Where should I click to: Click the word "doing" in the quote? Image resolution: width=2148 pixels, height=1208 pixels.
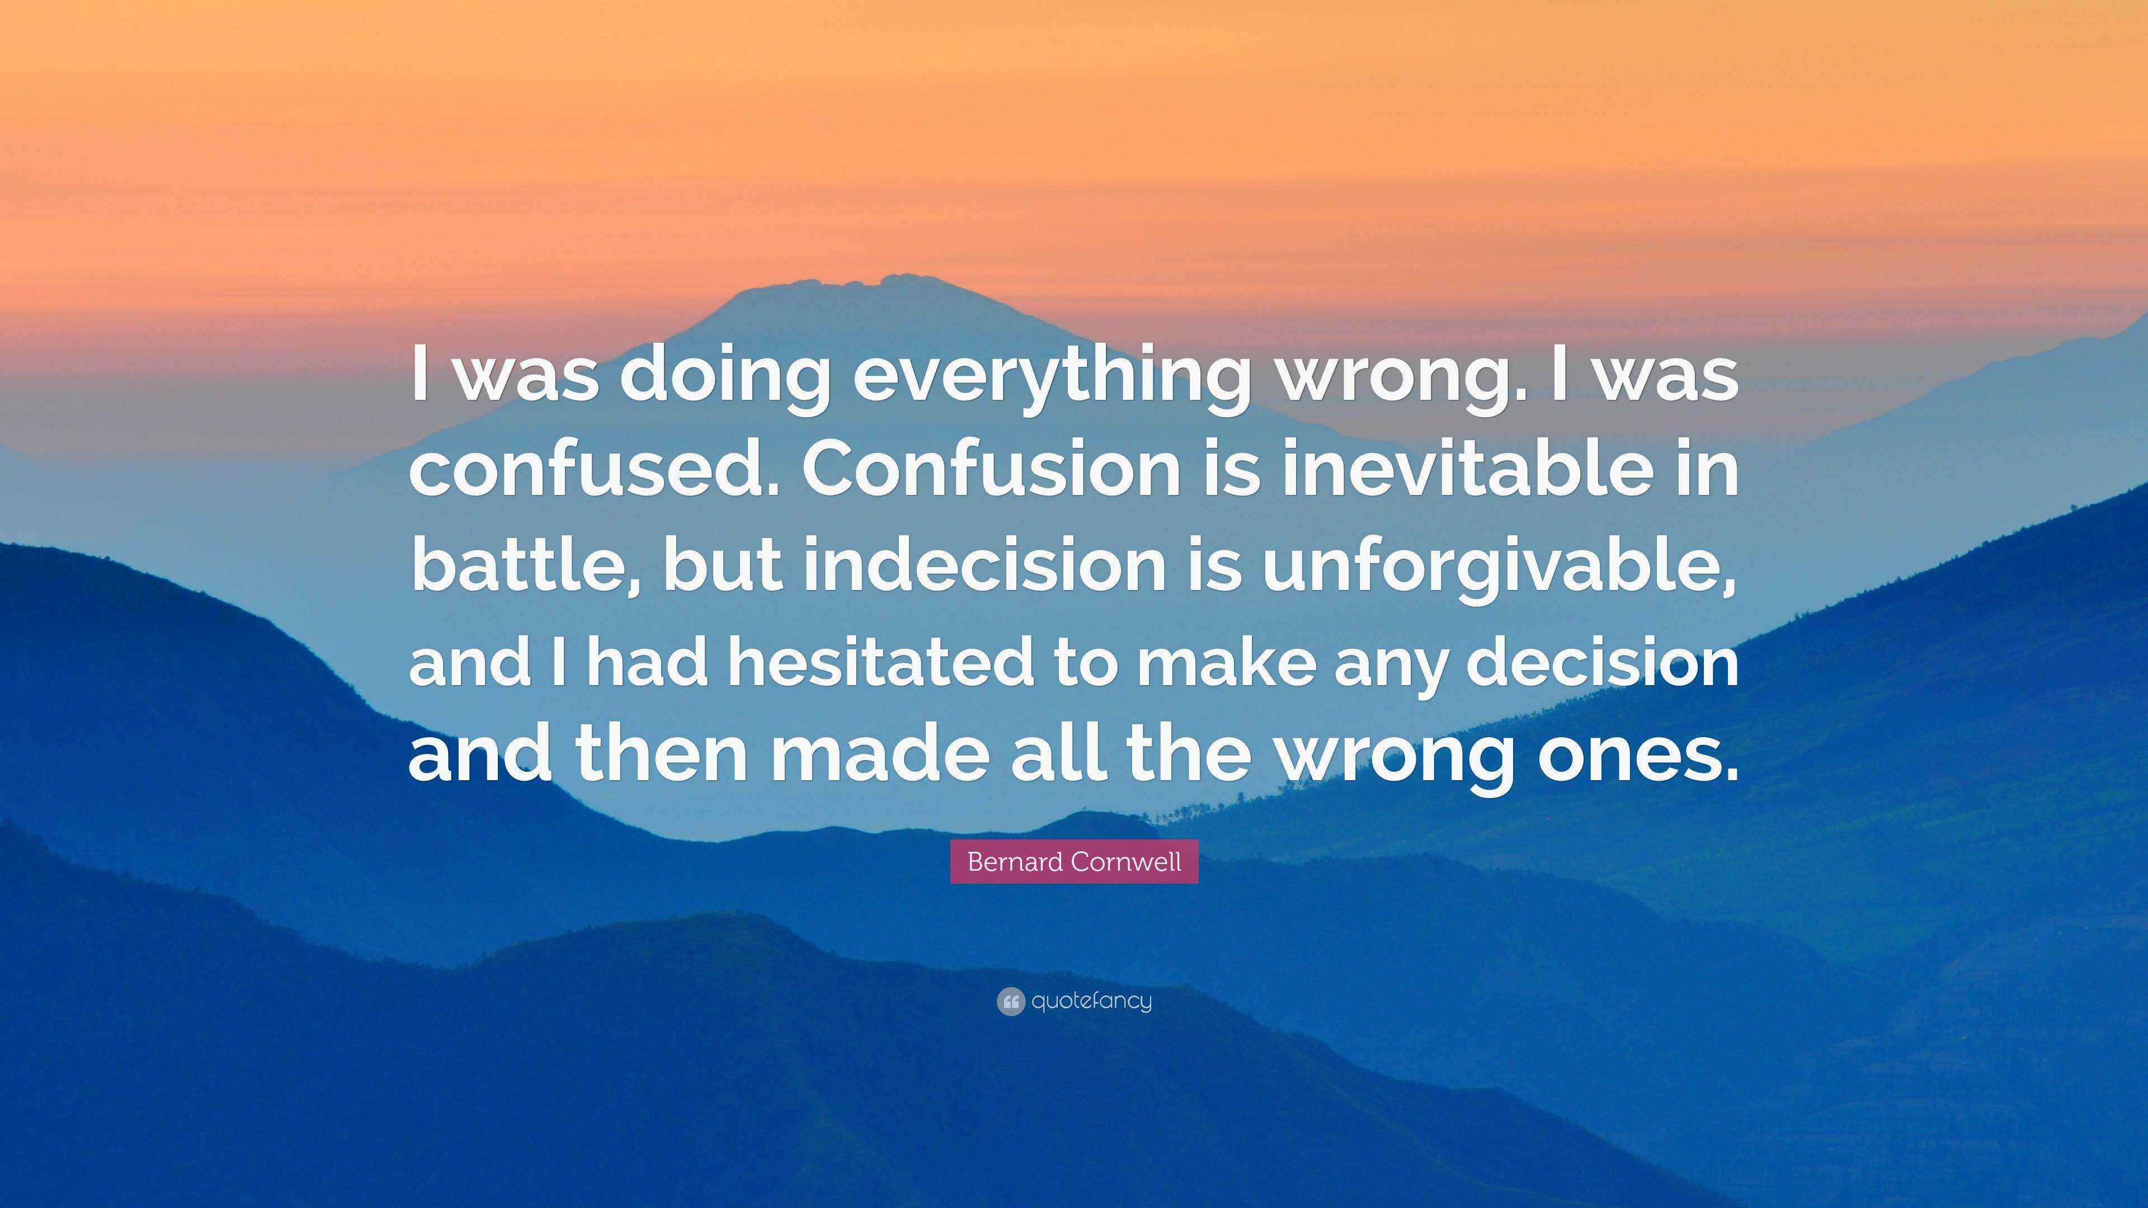pyautogui.click(x=724, y=377)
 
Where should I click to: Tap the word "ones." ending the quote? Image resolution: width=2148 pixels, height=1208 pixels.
pyautogui.click(x=1640, y=757)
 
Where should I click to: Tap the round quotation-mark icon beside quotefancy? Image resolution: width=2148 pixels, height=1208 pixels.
pyautogui.click(x=1010, y=1001)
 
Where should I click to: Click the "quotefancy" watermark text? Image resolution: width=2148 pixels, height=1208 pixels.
pyautogui.click(x=1091, y=1001)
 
